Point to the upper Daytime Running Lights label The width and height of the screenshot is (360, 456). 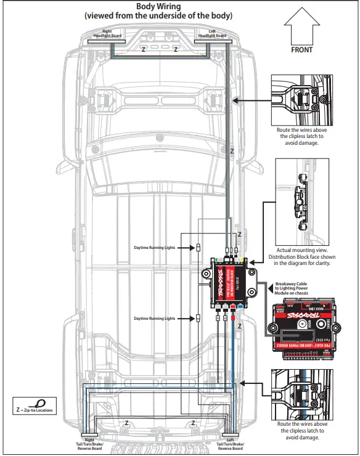(155, 248)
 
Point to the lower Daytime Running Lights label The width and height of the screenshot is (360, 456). (155, 319)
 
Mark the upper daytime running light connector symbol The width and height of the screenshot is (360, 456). (198, 248)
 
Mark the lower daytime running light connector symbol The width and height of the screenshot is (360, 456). (198, 319)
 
